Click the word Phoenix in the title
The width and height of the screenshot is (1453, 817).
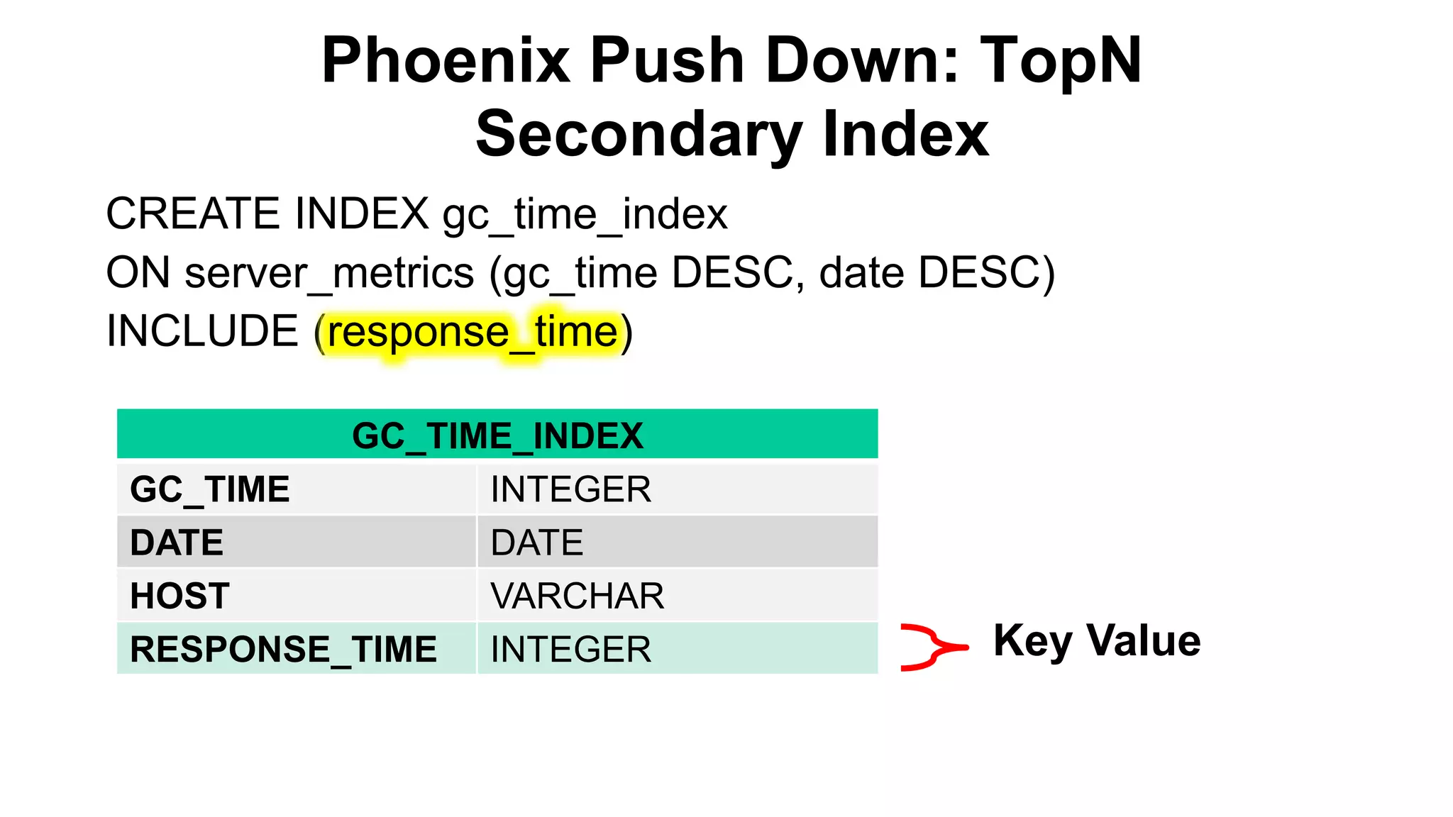[446, 61]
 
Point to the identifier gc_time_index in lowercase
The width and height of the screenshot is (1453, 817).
[585, 215]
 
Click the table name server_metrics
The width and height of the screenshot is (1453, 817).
[329, 273]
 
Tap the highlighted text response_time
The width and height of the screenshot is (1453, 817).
[473, 332]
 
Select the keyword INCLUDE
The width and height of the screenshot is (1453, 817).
[202, 331]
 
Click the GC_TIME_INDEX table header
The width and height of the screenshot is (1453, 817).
[497, 435]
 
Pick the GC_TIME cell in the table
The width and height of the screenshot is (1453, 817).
[210, 489]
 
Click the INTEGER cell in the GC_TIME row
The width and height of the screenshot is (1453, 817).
[571, 489]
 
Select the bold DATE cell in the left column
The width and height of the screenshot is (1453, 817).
[177, 543]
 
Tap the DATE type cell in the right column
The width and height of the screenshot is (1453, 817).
[537, 543]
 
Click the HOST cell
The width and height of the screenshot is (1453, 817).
[179, 596]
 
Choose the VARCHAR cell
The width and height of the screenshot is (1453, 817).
[578, 596]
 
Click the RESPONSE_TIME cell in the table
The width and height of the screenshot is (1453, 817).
[283, 649]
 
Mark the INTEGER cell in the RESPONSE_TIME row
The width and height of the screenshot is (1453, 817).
[571, 649]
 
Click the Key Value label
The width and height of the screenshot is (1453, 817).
[1097, 640]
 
